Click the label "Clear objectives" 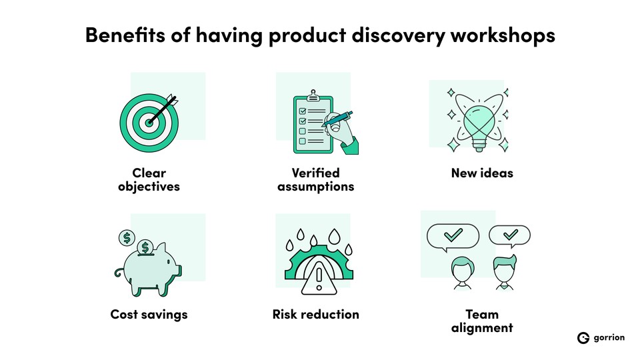(149, 180)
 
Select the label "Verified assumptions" (315, 180)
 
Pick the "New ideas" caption (482, 173)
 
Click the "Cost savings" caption (149, 314)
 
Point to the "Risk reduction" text (315, 314)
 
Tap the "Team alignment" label (482, 321)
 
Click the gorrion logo (601, 338)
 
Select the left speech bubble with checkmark (453, 235)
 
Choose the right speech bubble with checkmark (510, 235)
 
